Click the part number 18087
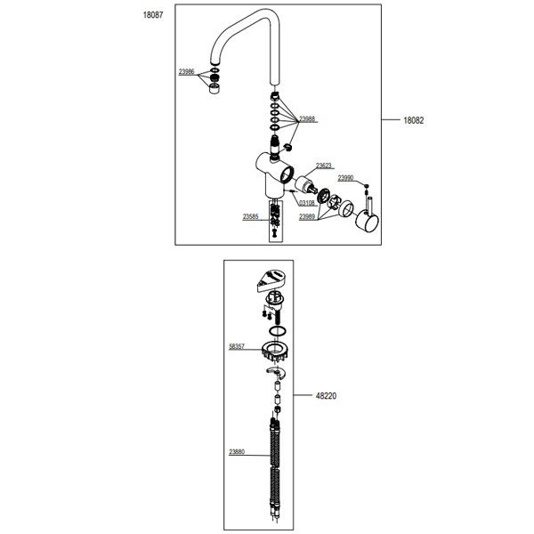[153, 15]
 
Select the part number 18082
[414, 120]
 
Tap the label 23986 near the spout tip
[187, 72]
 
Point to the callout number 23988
[307, 119]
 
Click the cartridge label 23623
[324, 166]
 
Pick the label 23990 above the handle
[345, 178]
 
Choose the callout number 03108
[307, 203]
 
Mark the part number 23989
[307, 217]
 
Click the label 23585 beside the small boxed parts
[251, 216]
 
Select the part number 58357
[237, 347]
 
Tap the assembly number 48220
[326, 396]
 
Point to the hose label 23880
[237, 452]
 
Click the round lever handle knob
[367, 221]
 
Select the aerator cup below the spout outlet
[214, 89]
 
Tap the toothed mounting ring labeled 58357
[275, 352]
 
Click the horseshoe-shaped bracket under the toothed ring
[276, 373]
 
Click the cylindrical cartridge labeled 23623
[306, 185]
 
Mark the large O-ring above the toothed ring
[277, 331]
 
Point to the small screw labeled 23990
[367, 186]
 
